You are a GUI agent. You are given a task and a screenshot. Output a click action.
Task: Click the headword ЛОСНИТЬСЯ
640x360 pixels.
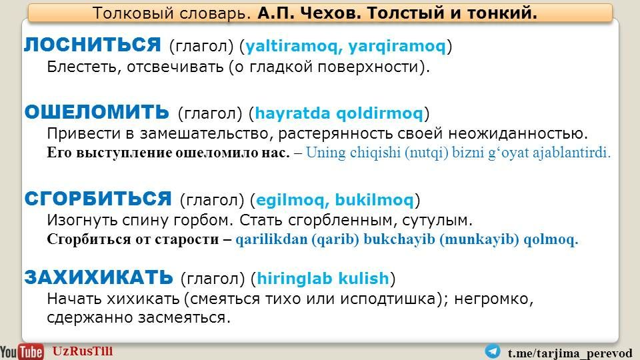coord(93,45)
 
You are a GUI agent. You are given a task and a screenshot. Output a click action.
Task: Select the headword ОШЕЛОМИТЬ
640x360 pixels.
coord(97,112)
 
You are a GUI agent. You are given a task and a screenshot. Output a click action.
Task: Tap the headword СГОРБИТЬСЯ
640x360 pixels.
coord(98,199)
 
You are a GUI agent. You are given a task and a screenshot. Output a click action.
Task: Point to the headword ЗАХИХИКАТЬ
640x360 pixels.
coord(99,277)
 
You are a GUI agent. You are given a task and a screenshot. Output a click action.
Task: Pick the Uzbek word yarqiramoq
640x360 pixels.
coord(397,46)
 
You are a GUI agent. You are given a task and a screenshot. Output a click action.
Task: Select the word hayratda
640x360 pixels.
coord(292,113)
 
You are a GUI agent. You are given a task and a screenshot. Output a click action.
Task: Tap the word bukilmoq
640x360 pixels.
coord(374,200)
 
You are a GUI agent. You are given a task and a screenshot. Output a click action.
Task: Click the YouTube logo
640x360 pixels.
coord(21,351)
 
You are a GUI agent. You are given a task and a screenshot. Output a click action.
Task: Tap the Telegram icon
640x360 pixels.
coord(493,351)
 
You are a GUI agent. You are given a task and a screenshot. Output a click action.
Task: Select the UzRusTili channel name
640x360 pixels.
coord(83,351)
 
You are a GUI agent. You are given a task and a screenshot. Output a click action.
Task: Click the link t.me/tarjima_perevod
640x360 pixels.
coord(570,353)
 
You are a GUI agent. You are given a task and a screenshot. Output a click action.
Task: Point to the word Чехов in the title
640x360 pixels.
coord(331,13)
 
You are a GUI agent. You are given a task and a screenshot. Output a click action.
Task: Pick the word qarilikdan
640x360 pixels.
coord(271,239)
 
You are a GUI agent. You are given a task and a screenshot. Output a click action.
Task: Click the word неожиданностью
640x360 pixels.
coord(518,133)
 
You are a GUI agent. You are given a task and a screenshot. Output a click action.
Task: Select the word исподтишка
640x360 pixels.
coord(392,299)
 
